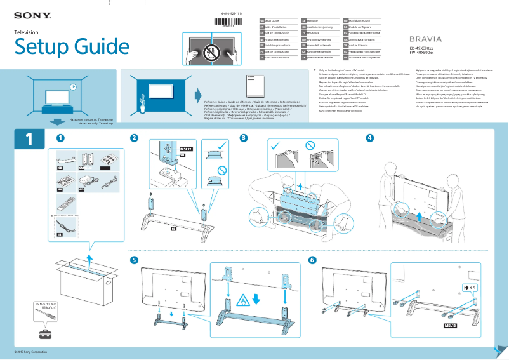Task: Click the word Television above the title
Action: point(27,32)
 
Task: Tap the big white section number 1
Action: point(29,139)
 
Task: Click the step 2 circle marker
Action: point(134,138)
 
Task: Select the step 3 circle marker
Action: point(244,138)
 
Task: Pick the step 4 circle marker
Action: point(370,138)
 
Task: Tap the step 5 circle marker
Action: point(134,260)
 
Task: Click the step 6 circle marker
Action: point(312,260)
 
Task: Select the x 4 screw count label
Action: point(470,288)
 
